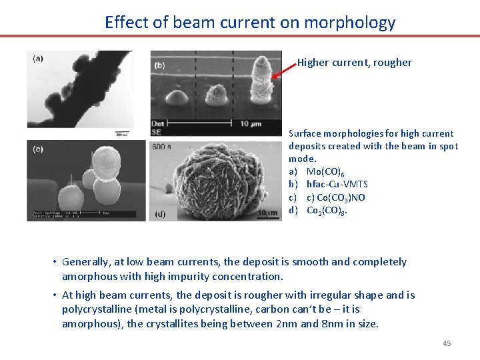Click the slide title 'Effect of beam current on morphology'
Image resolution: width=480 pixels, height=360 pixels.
pos(250,22)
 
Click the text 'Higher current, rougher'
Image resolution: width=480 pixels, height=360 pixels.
pos(354,63)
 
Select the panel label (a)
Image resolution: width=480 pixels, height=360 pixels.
pos(38,59)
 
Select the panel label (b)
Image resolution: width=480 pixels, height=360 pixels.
pos(160,65)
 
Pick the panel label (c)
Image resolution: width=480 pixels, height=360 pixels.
pos(38,149)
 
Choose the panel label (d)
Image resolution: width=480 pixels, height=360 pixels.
pos(160,213)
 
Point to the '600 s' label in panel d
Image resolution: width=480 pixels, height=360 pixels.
pos(162,146)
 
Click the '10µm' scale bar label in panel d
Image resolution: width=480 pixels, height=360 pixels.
pos(267,213)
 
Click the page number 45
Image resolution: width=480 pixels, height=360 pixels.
pos(447,343)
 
